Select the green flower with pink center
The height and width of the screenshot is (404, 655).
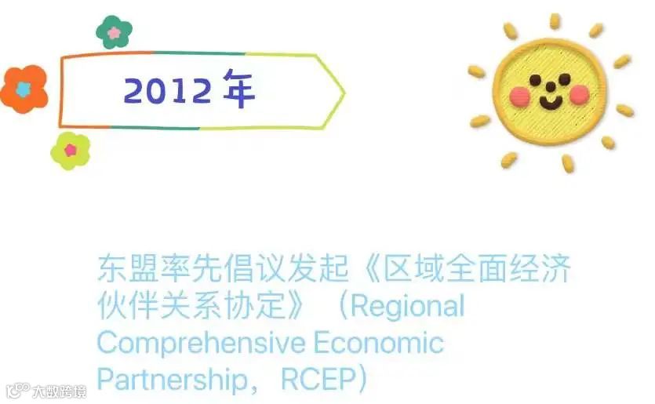[115, 32]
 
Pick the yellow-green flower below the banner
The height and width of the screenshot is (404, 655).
[71, 150]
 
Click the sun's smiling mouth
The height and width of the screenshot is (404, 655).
[551, 102]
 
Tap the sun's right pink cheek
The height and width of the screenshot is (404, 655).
[579, 95]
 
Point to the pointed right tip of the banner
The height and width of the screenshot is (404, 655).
[344, 93]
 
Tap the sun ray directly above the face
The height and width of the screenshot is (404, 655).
[555, 21]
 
